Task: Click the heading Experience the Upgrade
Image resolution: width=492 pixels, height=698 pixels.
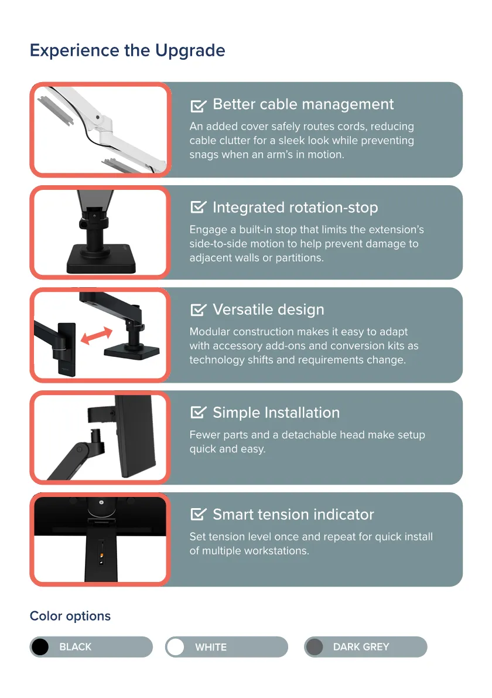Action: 127,51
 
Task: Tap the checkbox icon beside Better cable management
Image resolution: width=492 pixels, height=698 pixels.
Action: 199,105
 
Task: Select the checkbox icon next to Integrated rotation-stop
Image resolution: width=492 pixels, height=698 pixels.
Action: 199,207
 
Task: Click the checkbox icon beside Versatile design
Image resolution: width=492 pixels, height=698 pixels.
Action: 199,309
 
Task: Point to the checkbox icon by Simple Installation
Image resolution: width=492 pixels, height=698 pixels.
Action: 199,412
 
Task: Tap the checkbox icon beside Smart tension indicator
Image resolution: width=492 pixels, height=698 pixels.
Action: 199,514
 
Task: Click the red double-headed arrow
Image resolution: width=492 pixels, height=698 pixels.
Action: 97,335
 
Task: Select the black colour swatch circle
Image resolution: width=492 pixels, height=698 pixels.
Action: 40,647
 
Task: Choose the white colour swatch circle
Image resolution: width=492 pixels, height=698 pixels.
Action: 176,647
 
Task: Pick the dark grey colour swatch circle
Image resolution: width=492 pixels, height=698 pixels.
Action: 315,647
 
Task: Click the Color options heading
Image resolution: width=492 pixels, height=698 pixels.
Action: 70,616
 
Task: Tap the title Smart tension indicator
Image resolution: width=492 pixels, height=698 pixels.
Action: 293,515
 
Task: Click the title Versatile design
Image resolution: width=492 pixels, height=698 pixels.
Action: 268,309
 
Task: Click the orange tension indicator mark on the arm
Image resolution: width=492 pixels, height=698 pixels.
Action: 102,555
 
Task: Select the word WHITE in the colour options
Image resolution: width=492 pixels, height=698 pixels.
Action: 211,647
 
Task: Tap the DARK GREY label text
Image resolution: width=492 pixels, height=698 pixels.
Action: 361,647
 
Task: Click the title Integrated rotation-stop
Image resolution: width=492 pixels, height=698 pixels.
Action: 295,207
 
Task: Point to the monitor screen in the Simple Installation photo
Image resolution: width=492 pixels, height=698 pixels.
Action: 135,436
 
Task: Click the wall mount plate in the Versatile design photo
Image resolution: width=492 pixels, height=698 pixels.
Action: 67,349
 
